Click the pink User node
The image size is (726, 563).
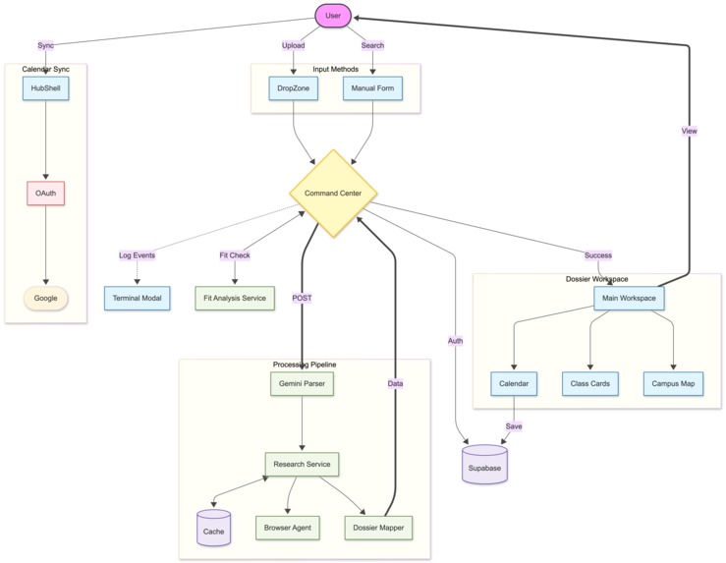pyautogui.click(x=333, y=16)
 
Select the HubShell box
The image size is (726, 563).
pyautogui.click(x=45, y=88)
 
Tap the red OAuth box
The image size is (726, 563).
pyautogui.click(x=45, y=194)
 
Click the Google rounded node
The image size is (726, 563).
pyautogui.click(x=45, y=298)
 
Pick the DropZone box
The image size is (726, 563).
pyautogui.click(x=294, y=88)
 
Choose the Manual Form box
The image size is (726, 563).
pyautogui.click(x=372, y=88)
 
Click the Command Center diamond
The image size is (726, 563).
pyautogui.click(x=333, y=194)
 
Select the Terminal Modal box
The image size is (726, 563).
pyautogui.click(x=137, y=298)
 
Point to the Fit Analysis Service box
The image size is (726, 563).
pyautogui.click(x=235, y=298)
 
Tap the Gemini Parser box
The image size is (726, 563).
pyautogui.click(x=302, y=383)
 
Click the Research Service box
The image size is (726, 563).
pyautogui.click(x=302, y=464)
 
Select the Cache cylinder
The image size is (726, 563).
pyautogui.click(x=213, y=529)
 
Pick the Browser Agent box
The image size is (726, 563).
pyautogui.click(x=288, y=528)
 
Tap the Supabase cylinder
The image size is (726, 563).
pyautogui.click(x=484, y=465)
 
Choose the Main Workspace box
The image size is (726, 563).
pyautogui.click(x=629, y=298)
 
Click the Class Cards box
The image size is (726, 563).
pyautogui.click(x=590, y=383)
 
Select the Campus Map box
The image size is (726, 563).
pyautogui.click(x=674, y=383)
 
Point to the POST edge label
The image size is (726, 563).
pyautogui.click(x=302, y=298)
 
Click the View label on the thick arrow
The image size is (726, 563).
pyautogui.click(x=690, y=131)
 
